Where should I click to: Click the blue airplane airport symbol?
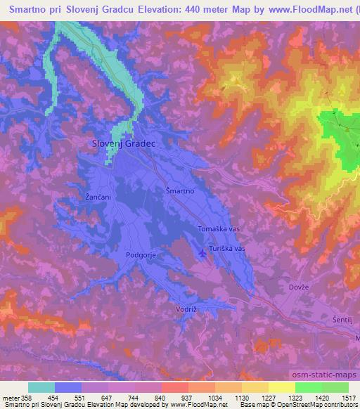[x=203, y=253]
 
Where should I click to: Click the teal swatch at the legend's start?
[x=41, y=387]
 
